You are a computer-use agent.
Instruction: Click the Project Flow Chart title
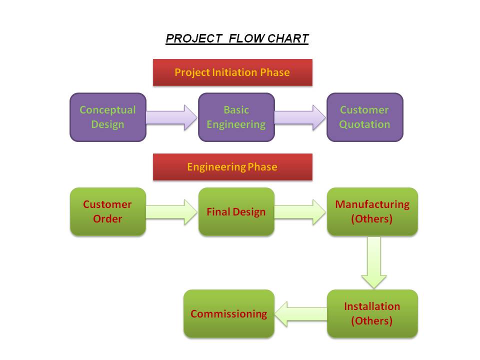tap(237, 38)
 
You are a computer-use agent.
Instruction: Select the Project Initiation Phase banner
tap(232, 72)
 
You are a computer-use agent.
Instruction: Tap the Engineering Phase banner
tap(232, 167)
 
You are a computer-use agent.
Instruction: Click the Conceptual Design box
tap(108, 117)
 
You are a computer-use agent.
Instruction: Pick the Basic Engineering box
tap(236, 117)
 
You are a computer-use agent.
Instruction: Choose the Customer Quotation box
tap(365, 117)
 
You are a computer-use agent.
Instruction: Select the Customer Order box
tap(108, 212)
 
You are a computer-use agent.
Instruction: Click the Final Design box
tap(236, 212)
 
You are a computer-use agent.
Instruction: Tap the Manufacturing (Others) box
tap(372, 212)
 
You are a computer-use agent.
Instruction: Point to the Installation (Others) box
tap(372, 314)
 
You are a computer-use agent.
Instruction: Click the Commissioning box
tap(229, 314)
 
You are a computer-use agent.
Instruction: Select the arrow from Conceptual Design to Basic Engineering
tap(171, 117)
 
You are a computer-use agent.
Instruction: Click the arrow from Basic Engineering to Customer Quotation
tap(300, 117)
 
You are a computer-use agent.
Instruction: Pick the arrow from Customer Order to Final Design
tap(171, 212)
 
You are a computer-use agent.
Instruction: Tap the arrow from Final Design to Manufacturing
tap(300, 212)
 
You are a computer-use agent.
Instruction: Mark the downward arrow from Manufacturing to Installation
tap(374, 262)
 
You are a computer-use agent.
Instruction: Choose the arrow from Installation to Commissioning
tap(300, 314)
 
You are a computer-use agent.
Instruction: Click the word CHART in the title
tap(288, 38)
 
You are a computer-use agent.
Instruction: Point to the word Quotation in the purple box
tap(364, 124)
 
